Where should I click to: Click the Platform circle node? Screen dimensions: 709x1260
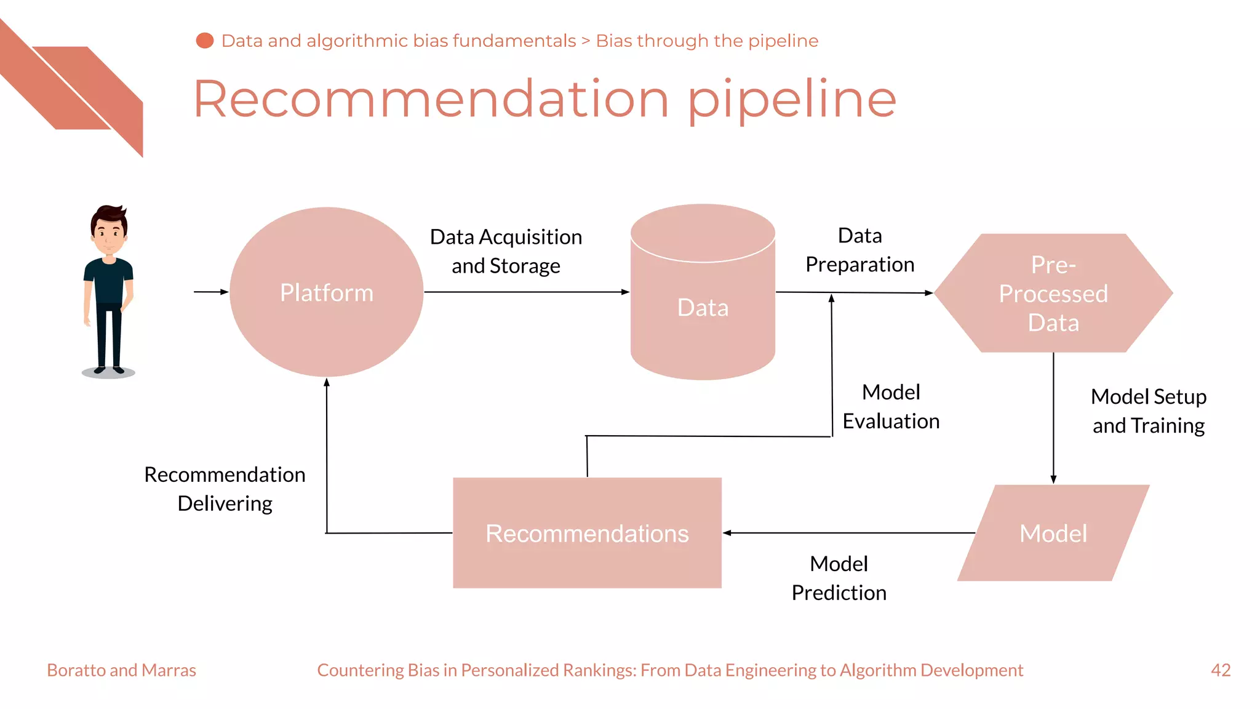tap(326, 292)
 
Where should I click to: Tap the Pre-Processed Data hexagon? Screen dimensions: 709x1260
tap(1053, 294)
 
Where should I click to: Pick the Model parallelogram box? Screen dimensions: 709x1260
tap(1053, 533)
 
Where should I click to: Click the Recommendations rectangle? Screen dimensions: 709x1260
tap(587, 533)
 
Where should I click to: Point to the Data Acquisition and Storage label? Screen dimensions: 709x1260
tap(506, 251)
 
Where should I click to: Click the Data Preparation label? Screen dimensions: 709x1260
tap(859, 250)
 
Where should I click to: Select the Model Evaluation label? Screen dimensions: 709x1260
tap(891, 406)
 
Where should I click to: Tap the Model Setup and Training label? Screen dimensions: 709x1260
tap(1148, 411)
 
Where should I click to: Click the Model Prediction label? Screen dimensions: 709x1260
tap(839, 578)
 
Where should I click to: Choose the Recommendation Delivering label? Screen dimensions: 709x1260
tap(225, 489)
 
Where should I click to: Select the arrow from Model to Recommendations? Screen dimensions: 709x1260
tap(849, 533)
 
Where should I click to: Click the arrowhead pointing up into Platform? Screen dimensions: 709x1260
tap(327, 383)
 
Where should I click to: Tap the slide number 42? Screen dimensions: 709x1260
tap(1220, 670)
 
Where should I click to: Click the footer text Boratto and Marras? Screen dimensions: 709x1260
tap(121, 670)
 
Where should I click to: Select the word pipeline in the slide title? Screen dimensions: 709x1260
tap(792, 100)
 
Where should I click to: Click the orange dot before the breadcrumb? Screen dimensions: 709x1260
tap(204, 41)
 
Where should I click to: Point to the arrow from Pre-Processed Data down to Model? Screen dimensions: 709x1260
tap(1053, 419)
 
